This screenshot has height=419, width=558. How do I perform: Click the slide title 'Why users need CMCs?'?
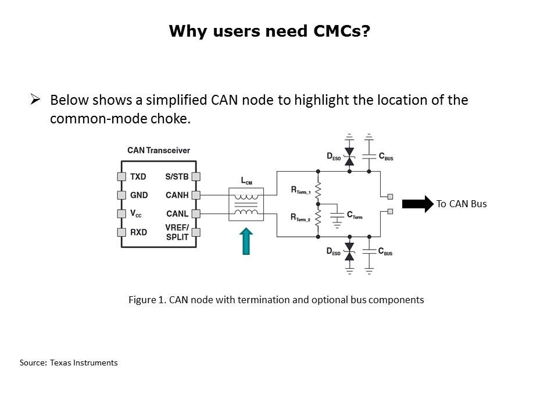(269, 31)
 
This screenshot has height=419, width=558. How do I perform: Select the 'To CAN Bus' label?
(462, 204)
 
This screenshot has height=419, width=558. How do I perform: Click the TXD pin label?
(138, 176)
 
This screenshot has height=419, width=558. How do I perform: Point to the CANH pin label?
(177, 195)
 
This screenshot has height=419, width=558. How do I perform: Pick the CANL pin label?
(177, 214)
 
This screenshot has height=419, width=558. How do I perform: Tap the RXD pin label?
(138, 232)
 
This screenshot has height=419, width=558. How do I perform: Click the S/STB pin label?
(176, 176)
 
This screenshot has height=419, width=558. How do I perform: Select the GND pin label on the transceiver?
(138, 195)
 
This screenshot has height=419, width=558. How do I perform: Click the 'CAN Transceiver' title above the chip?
(159, 151)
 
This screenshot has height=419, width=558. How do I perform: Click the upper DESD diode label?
(334, 157)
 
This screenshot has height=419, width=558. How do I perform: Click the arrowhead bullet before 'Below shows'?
(35, 100)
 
